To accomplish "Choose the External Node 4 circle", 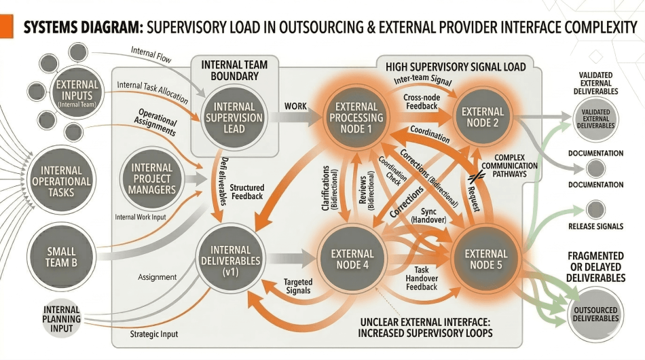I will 352,259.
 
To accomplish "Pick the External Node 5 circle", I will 485,259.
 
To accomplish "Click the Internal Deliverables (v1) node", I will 231,259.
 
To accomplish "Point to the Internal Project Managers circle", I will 152,178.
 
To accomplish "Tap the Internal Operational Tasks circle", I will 62,181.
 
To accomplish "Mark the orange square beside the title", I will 7,28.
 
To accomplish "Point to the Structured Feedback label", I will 246,192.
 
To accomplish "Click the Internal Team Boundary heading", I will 234,71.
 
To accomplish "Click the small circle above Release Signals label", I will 595,209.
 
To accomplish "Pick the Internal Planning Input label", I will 62,319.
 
